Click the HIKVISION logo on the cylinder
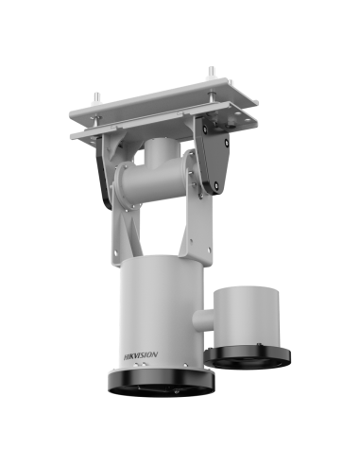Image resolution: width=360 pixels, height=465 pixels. [x=141, y=355]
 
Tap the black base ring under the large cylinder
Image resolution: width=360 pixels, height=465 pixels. [x=162, y=383]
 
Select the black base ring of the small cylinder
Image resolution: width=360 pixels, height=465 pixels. [x=248, y=358]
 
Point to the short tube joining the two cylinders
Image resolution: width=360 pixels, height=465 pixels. [x=203, y=321]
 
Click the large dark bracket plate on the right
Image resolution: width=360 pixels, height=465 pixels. [x=212, y=156]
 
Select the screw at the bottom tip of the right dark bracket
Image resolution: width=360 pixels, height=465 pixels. [x=216, y=185]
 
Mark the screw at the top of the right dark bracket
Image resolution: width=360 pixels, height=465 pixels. [x=205, y=129]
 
